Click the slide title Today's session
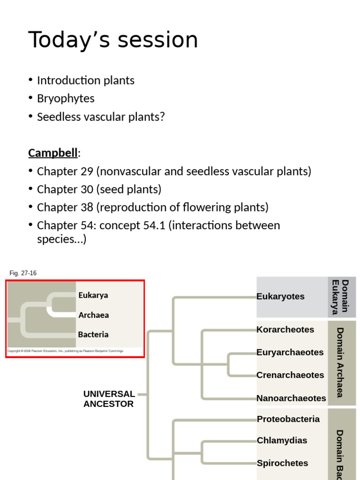113,40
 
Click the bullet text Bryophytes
66,98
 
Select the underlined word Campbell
53,153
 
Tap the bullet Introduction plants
85,80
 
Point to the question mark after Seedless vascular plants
162,117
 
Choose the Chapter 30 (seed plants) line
99,189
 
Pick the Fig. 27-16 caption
23,273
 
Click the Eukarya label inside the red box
93,295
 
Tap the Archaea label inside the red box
94,315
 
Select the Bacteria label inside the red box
93,335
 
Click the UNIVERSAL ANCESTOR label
109,399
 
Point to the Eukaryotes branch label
280,296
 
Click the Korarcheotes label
285,330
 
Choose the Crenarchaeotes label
290,375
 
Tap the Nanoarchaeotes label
291,398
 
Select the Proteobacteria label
288,419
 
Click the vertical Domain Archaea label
340,362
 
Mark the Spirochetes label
282,463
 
